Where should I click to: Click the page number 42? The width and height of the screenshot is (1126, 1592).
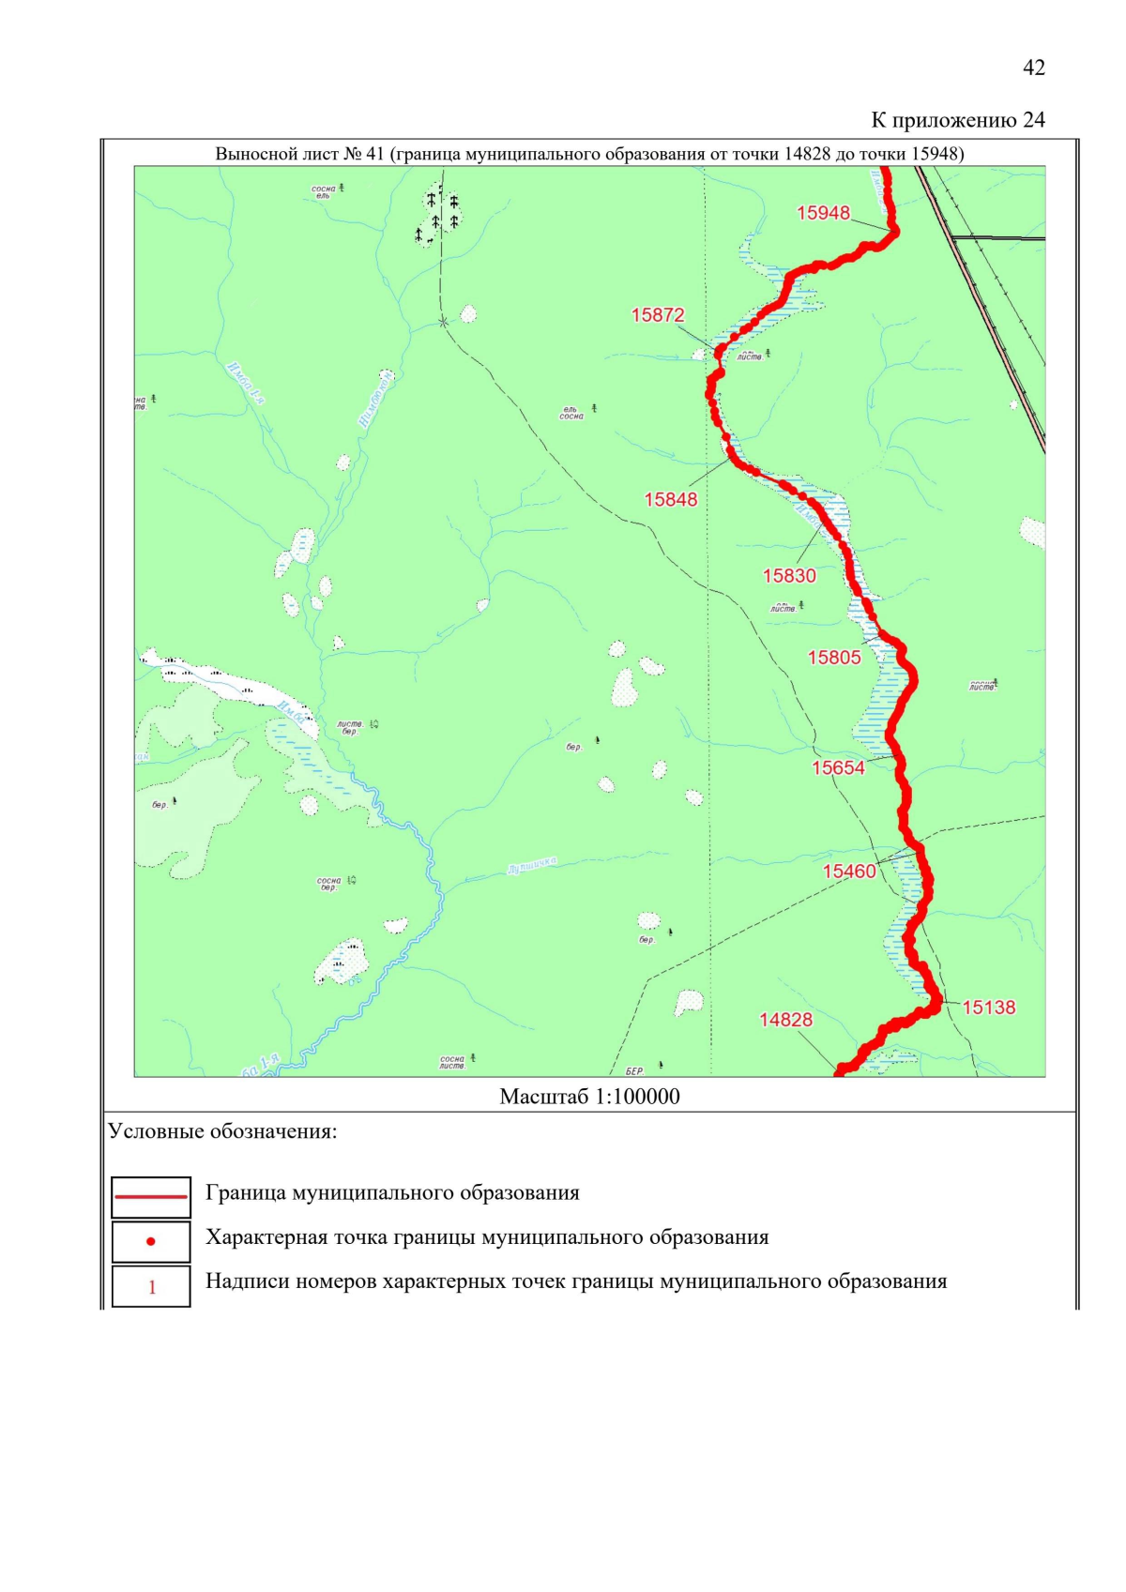[x=1033, y=68]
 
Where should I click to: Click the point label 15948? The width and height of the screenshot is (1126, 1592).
[x=823, y=213]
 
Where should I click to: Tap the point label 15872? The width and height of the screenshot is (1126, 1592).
[x=658, y=315]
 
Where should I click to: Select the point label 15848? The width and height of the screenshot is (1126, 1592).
[x=671, y=499]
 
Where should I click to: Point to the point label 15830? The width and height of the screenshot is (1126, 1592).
[x=789, y=576]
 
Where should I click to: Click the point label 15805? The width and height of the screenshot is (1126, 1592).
[x=834, y=658]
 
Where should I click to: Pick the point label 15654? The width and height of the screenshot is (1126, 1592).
[x=838, y=768]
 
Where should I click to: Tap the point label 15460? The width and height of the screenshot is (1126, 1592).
[x=849, y=872]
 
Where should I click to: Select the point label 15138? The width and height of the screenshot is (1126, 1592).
[x=989, y=1008]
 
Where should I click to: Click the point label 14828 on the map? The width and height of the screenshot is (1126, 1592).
[x=785, y=1020]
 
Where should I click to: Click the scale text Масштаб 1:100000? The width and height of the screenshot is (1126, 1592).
[x=589, y=1097]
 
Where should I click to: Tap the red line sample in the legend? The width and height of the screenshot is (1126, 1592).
[x=151, y=1196]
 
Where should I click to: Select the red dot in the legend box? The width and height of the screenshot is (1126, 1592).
[x=151, y=1241]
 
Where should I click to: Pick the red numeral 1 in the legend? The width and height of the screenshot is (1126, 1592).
[x=152, y=1287]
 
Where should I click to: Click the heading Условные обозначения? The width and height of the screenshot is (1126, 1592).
[x=222, y=1131]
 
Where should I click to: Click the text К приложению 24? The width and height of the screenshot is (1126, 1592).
[x=957, y=120]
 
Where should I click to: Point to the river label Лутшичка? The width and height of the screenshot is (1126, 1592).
[x=531, y=865]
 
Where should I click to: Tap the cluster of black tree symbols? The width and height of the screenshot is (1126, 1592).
[x=437, y=216]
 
